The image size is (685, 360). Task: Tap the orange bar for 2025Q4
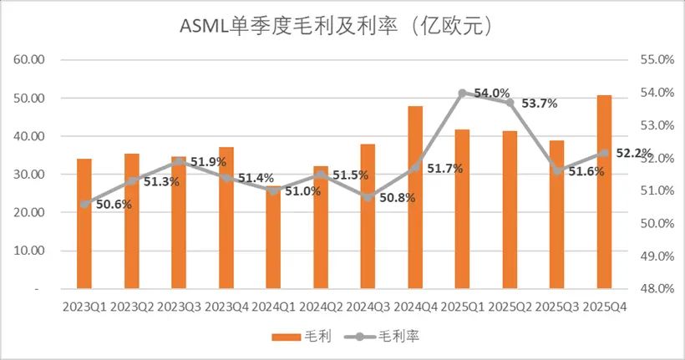click(605, 191)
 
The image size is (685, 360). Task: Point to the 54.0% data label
click(492, 93)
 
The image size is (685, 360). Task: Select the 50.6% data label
click(104, 204)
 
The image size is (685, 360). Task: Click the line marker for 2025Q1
click(462, 93)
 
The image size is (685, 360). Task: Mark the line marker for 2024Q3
click(368, 196)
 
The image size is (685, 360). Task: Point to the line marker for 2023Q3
click(179, 161)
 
